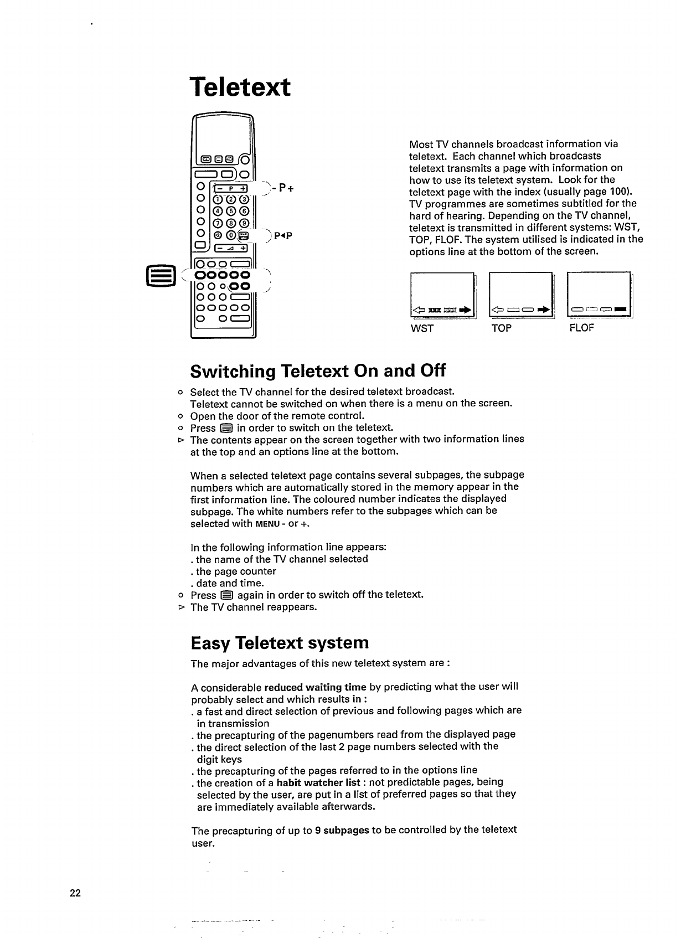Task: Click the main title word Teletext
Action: coord(240,87)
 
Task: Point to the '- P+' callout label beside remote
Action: coord(285,188)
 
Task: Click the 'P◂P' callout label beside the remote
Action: coord(282,235)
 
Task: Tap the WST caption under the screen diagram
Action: coord(421,328)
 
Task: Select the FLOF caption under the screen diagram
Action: coord(581,328)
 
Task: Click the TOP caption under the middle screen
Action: coord(501,328)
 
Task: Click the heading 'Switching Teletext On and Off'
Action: coord(318,370)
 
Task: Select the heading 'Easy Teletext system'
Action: coord(280,643)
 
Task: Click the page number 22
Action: coord(75,893)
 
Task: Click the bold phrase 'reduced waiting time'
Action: coord(315,688)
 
